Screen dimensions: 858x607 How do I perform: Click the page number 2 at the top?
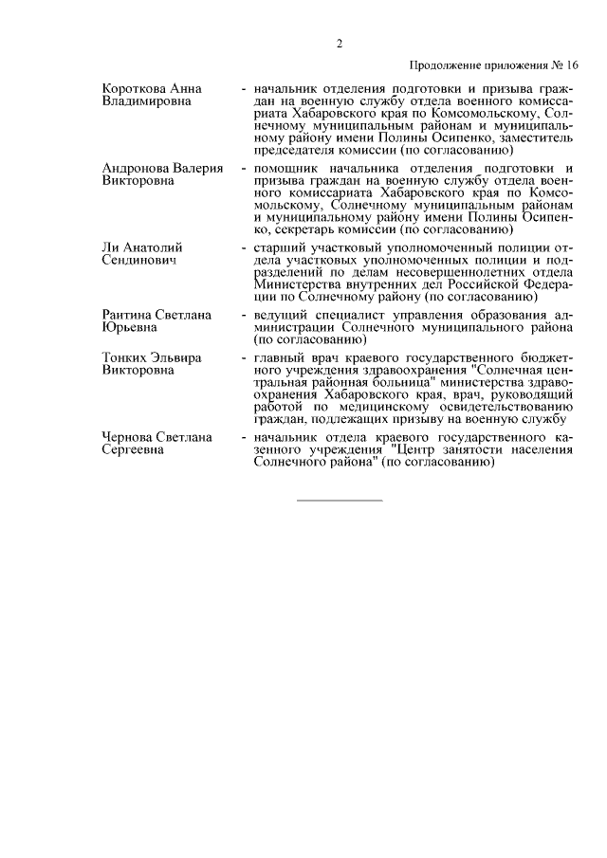pyautogui.click(x=339, y=43)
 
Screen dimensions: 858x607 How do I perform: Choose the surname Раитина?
pyautogui.click(x=130, y=315)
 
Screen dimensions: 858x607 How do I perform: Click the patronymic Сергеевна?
pyautogui.click(x=135, y=450)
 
